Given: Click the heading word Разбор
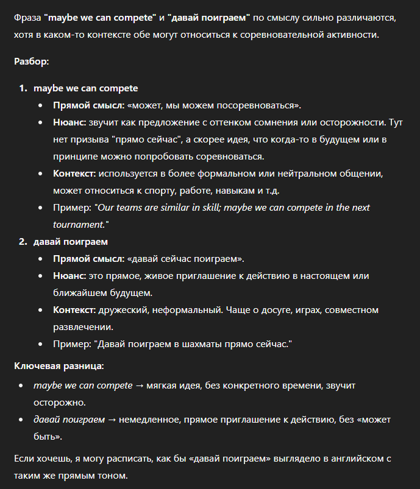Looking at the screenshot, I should [x=31, y=62].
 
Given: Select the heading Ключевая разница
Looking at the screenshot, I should [x=59, y=366].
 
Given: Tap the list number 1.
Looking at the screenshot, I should [x=23, y=88].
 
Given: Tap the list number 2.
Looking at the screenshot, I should [x=23, y=242].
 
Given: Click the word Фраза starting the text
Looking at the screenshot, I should [x=27, y=18].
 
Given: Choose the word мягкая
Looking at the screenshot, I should [x=165, y=385].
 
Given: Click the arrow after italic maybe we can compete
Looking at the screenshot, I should [x=140, y=385].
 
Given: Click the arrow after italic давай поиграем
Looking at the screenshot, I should [x=113, y=420].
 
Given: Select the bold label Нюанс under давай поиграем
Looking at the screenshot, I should [x=69, y=276].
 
